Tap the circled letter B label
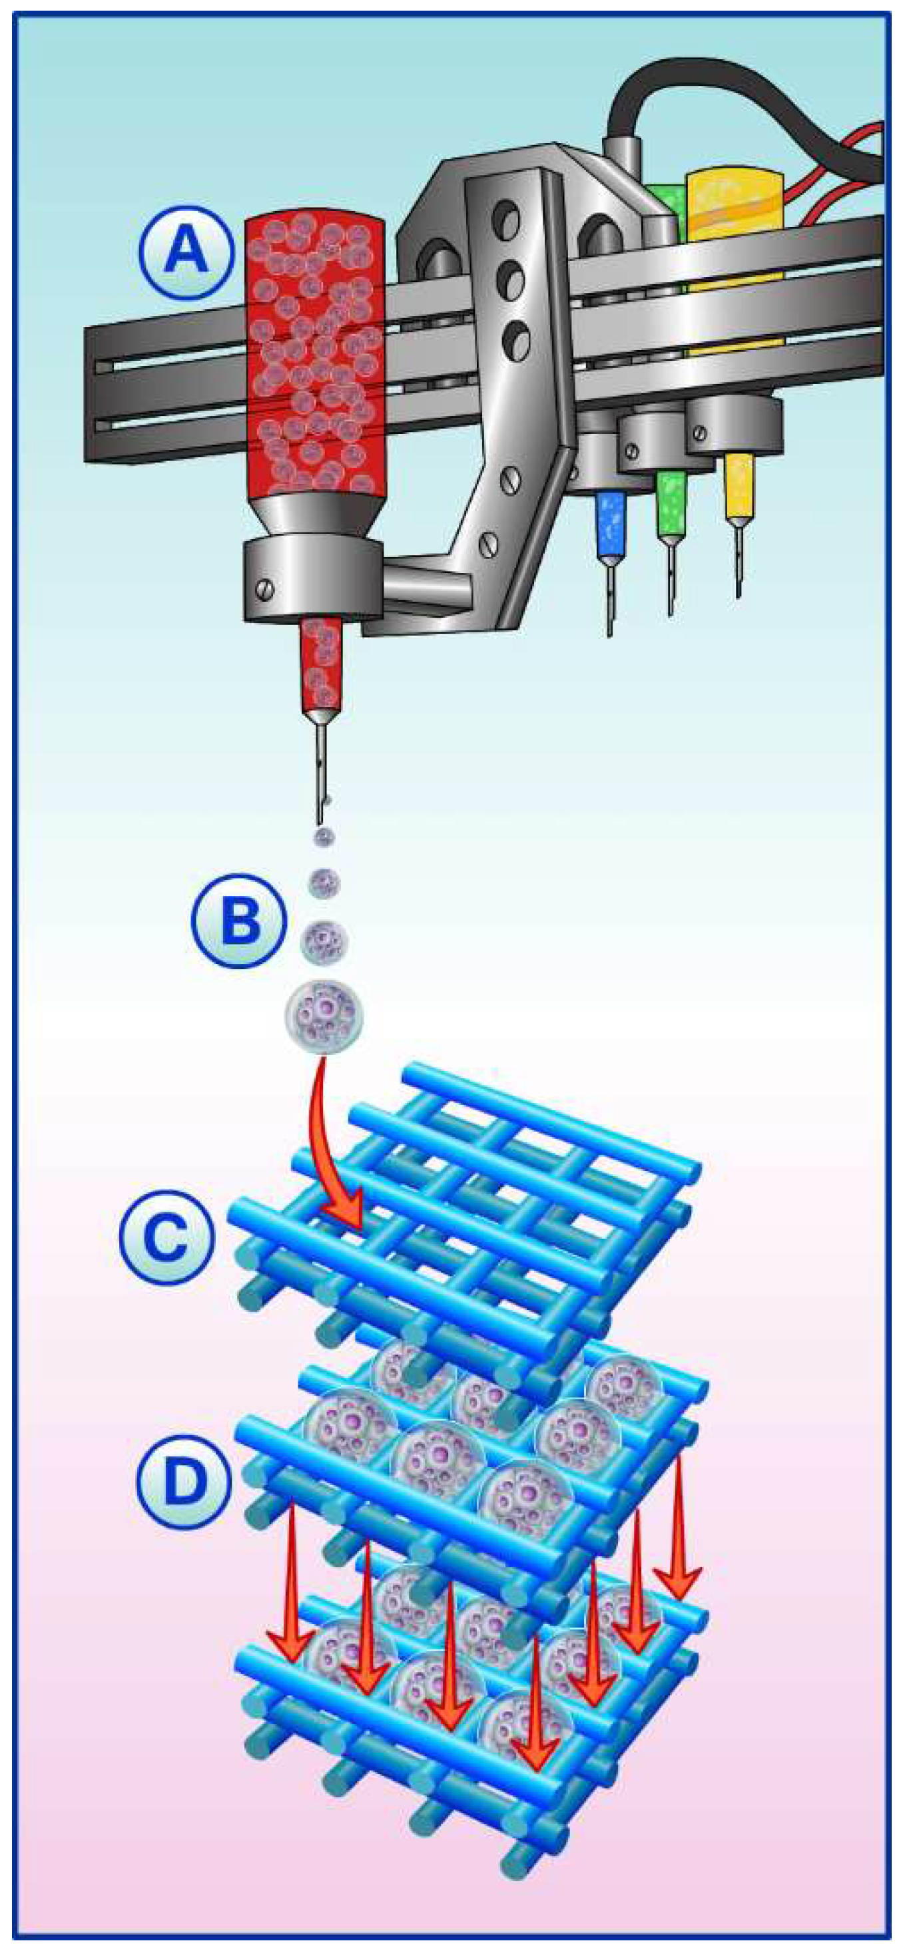coord(238,921)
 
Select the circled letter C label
coord(166,1236)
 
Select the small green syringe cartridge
coord(671,503)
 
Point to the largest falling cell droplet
coord(324,1017)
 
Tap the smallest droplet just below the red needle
coord(324,836)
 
